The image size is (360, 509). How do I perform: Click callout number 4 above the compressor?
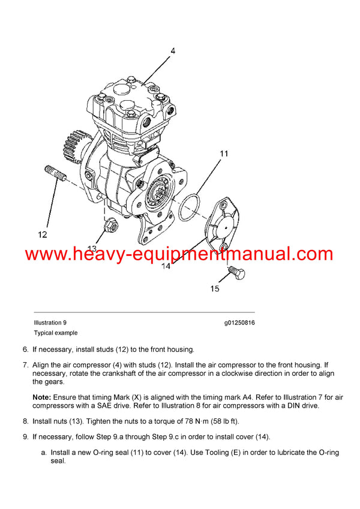pos(173,52)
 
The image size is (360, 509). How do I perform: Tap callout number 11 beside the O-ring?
pos(223,154)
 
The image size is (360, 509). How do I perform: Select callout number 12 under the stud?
pos(42,234)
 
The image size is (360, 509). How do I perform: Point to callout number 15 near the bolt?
pos(214,289)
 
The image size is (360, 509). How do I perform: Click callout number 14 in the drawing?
pos(165,266)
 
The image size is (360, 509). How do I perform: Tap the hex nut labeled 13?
pos(110,227)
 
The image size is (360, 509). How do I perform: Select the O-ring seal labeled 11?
pos(191,206)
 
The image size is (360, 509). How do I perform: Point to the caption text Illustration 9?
pos(50,323)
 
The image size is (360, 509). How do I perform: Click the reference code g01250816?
pos(239,323)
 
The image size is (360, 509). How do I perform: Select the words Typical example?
pos(56,333)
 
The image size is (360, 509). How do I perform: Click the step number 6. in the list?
pos(25,349)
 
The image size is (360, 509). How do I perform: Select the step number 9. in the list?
pos(25,437)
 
